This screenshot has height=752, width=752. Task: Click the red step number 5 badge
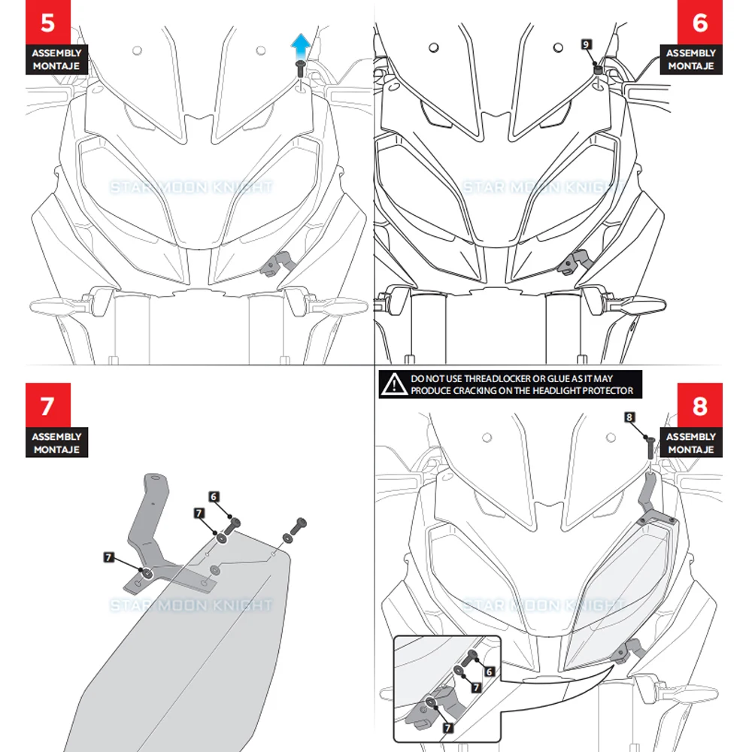(x=47, y=23)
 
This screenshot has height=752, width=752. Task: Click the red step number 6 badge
(x=699, y=23)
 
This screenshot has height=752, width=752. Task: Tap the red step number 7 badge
(x=47, y=406)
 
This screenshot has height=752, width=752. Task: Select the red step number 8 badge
(x=699, y=406)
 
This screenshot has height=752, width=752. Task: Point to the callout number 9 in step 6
(x=586, y=44)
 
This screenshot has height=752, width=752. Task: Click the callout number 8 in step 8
(x=629, y=416)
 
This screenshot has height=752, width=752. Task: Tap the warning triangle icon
(x=393, y=385)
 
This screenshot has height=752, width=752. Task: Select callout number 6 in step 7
(x=214, y=496)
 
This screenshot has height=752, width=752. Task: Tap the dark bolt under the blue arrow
(x=300, y=68)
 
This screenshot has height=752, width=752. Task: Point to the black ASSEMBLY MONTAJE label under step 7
(x=56, y=442)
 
